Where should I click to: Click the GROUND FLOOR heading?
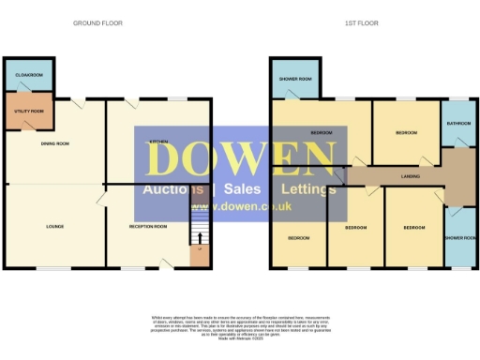(x=97, y=22)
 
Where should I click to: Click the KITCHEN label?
(x=158, y=141)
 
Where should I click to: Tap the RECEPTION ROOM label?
(x=147, y=226)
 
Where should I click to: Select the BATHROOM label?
(x=458, y=124)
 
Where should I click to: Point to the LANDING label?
(x=409, y=175)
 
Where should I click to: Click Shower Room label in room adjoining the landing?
(x=458, y=237)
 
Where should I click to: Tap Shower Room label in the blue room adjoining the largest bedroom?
(x=295, y=78)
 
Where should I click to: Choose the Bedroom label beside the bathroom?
(x=405, y=133)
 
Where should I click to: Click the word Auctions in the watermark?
(x=173, y=189)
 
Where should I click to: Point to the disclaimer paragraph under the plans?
(x=239, y=324)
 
